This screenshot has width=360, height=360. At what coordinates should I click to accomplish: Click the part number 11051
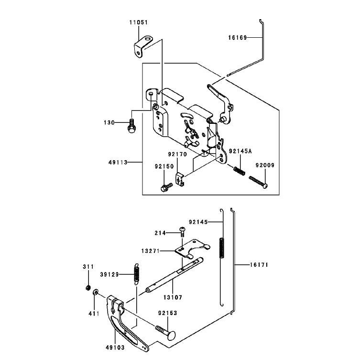(x=139, y=22)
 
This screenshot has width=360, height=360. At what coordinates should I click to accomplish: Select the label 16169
(x=238, y=37)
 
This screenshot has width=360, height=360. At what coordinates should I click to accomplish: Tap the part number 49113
(x=118, y=163)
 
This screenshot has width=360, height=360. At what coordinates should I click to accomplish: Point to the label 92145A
(x=240, y=151)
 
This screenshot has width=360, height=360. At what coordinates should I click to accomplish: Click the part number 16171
(x=259, y=265)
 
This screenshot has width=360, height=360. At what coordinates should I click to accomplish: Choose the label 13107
(x=173, y=297)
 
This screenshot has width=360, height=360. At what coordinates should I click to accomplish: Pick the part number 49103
(x=115, y=348)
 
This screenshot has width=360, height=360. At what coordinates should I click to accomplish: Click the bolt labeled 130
(x=132, y=126)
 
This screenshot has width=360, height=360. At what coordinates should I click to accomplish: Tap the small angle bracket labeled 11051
(x=143, y=46)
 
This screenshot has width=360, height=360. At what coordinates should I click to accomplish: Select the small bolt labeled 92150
(x=166, y=187)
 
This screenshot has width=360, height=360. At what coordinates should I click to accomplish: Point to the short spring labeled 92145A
(x=239, y=171)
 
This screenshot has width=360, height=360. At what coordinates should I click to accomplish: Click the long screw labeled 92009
(x=258, y=182)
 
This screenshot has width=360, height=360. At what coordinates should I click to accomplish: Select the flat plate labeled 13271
(x=192, y=249)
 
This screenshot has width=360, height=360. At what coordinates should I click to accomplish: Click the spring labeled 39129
(x=137, y=274)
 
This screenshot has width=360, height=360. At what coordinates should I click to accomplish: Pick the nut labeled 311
(x=87, y=287)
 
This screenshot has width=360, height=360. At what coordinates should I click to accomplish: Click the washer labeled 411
(x=95, y=293)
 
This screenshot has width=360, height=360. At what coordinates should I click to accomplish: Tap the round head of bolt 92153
(x=171, y=336)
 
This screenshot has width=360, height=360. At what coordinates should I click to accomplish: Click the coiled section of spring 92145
(x=222, y=248)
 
